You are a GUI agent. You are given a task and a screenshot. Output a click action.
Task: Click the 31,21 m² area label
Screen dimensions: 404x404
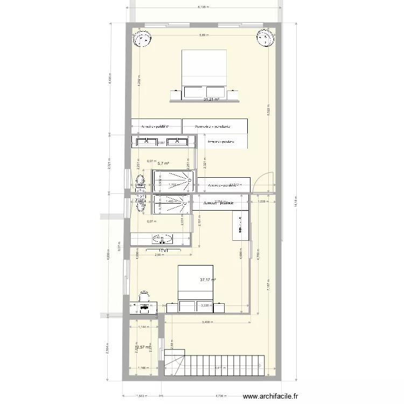[211, 100]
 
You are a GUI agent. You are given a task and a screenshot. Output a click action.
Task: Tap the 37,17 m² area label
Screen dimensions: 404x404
[207, 280]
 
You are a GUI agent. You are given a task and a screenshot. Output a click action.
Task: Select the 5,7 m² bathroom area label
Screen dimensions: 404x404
[163, 163]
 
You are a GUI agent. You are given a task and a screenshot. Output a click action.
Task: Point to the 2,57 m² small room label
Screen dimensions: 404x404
[143, 347]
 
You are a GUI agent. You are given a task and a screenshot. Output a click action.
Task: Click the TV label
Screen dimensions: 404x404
[163, 251]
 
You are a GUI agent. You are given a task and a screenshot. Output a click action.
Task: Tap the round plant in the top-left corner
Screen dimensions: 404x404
[142, 39]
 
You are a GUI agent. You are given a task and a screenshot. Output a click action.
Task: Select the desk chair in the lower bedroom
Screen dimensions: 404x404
[144, 295]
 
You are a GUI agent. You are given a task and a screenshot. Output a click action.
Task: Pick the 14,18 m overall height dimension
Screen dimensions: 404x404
[294, 203]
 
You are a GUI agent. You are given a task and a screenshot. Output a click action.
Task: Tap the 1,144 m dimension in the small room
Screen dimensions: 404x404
[143, 327]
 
